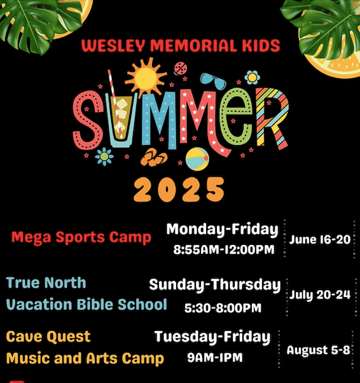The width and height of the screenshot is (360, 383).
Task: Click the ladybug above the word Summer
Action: click(x=180, y=68)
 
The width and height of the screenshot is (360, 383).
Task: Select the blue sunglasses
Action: click(x=213, y=81)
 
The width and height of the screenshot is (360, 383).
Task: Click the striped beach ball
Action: click(x=197, y=159)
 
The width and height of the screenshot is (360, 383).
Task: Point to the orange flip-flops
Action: click(x=154, y=157)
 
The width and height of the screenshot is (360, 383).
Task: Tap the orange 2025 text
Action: click(x=179, y=190)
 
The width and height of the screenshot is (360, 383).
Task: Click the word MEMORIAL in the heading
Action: click(x=193, y=45)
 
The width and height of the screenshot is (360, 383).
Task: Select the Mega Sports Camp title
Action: click(x=81, y=238)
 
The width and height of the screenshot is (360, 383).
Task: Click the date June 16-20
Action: click(x=320, y=239)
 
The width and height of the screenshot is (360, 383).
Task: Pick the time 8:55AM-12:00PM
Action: click(x=224, y=249)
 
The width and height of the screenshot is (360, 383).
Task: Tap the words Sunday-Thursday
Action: click(x=215, y=285)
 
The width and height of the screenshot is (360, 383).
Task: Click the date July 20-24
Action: click(x=320, y=295)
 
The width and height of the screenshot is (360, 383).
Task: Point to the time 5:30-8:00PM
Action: click(x=223, y=308)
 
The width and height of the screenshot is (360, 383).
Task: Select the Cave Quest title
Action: click(x=48, y=337)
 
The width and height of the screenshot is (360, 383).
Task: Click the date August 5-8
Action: click(x=319, y=351)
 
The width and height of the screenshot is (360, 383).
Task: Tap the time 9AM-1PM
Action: click(x=215, y=358)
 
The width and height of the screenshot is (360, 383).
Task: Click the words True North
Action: click(x=46, y=282)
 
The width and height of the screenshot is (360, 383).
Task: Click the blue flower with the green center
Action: click(x=104, y=157)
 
